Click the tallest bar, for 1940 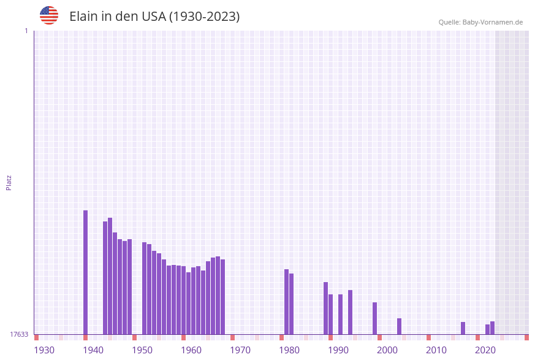point(86,272)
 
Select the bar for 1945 point(110,276)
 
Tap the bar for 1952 point(145,288)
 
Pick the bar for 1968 point(223,297)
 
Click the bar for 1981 point(287,302)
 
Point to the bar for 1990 point(331,314)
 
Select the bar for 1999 point(375,318)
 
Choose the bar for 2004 point(400,326)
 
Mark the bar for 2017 point(463,328)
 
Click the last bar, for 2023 point(493,327)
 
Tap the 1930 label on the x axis point(44,350)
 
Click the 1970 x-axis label point(240,350)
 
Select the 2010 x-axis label point(436,350)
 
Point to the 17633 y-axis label point(19,334)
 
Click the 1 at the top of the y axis point(26,31)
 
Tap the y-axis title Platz point(9,182)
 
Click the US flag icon point(49,15)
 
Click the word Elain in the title point(83,17)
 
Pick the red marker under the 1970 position point(233,337)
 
